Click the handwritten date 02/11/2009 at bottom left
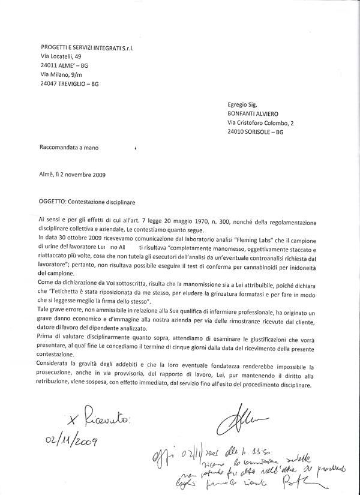tap(67, 442)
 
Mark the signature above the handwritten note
tap(241, 421)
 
